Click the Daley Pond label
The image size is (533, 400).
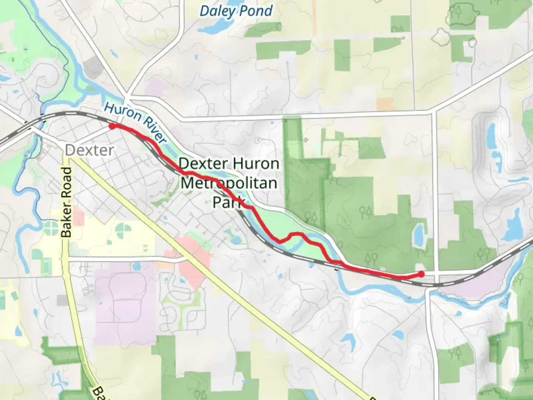point(236,11)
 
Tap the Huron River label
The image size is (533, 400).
point(135,122)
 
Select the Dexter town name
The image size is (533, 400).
point(89,150)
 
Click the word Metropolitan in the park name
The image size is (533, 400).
point(229,183)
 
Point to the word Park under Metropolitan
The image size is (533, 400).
point(229,202)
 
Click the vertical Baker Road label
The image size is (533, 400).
point(67,202)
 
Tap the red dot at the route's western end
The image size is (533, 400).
point(112,126)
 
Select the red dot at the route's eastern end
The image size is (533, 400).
point(421,274)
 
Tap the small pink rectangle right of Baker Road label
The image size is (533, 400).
point(78,216)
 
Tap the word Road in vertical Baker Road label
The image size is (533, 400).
point(67,183)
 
